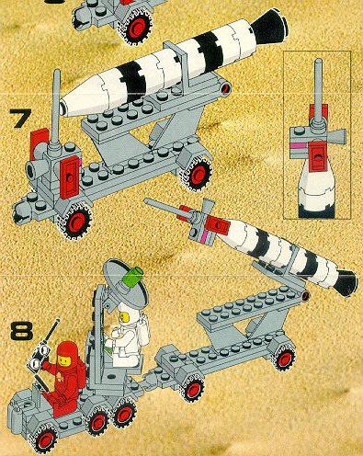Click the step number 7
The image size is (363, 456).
pos(20,118)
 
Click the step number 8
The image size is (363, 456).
pos(21,331)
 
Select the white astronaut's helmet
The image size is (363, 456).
pos(127,314)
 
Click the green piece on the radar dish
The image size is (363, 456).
pos(135,278)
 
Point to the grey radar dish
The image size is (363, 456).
pos(125,283)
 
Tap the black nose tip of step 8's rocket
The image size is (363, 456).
pos(346,283)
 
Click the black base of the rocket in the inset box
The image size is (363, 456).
pos(316,212)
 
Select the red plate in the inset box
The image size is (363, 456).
pos(318,155)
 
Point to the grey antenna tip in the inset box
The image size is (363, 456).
pos(319,61)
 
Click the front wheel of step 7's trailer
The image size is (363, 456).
pos(75,222)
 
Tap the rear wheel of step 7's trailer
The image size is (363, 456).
pos(197,174)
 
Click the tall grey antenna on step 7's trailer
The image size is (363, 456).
pos(56,108)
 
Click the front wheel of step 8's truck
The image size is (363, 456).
pos(45,439)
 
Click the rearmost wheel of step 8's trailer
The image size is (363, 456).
pos(284,358)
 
